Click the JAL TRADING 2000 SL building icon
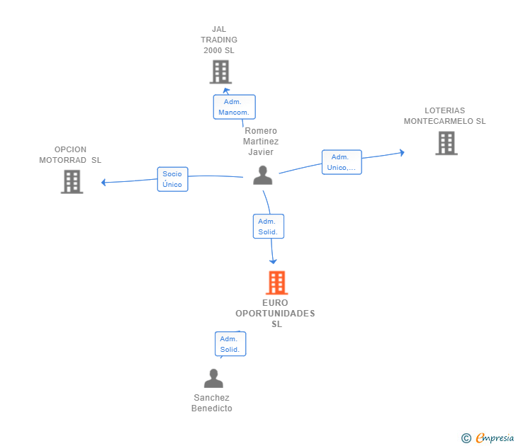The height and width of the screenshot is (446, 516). [x=220, y=72]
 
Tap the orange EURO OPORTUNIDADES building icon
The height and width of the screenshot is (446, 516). [x=276, y=282]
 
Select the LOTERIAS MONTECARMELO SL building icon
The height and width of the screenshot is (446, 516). [x=446, y=143]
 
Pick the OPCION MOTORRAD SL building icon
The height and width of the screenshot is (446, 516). [x=72, y=181]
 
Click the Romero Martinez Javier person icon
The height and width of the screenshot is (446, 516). [x=262, y=175]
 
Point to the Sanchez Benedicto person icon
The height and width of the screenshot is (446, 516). [x=213, y=379]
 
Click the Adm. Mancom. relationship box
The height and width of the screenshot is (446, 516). [x=234, y=107]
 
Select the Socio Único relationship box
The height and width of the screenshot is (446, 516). [x=172, y=179]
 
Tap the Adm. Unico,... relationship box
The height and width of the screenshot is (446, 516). [x=342, y=162]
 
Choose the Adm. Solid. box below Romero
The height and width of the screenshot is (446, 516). [x=268, y=227]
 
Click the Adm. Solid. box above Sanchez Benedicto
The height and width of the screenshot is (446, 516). [x=230, y=344]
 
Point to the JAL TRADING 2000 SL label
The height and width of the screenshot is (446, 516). [x=219, y=40]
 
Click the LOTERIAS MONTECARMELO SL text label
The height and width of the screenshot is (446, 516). [x=445, y=116]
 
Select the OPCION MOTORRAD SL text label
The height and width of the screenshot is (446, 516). [x=70, y=154]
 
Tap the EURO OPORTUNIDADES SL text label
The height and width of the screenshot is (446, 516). [x=275, y=314]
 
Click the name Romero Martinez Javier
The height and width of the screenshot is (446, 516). [x=261, y=141]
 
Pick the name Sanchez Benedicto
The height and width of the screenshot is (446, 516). [x=212, y=403]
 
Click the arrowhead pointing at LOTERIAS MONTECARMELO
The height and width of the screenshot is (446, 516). [x=402, y=151]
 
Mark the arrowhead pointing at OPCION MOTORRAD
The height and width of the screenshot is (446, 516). [x=103, y=183]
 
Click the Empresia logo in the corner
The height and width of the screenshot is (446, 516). [x=488, y=438]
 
